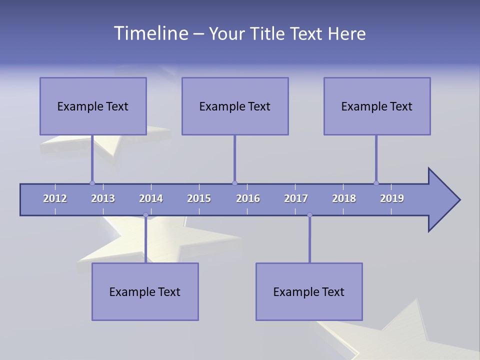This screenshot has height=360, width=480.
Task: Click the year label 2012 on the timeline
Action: [x=55, y=198]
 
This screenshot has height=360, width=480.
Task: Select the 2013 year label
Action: [x=103, y=198]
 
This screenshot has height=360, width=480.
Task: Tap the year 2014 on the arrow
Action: [x=151, y=198]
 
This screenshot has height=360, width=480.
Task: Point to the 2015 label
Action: [x=199, y=198]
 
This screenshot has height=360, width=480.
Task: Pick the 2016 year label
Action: [x=248, y=198]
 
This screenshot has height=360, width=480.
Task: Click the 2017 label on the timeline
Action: [x=296, y=198]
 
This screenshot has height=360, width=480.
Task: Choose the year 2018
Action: [x=344, y=198]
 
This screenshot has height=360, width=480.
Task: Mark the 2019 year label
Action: [x=392, y=198]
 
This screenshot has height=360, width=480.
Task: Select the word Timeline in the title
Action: [x=150, y=33]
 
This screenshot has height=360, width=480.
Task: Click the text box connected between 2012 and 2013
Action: [x=93, y=106]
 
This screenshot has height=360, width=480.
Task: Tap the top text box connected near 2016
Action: [x=235, y=106]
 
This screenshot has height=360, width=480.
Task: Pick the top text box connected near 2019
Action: [x=377, y=106]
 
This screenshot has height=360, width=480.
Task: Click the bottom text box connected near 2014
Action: [x=145, y=291]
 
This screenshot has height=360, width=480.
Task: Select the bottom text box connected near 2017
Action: [x=309, y=291]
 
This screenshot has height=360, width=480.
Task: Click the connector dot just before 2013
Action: [x=92, y=183]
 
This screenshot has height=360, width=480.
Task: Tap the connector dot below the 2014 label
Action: [x=145, y=215]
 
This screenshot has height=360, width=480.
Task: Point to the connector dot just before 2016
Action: [x=234, y=183]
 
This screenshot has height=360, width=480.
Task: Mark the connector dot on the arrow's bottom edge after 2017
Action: [x=309, y=215]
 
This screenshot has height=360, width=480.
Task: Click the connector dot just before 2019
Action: [x=376, y=183]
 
